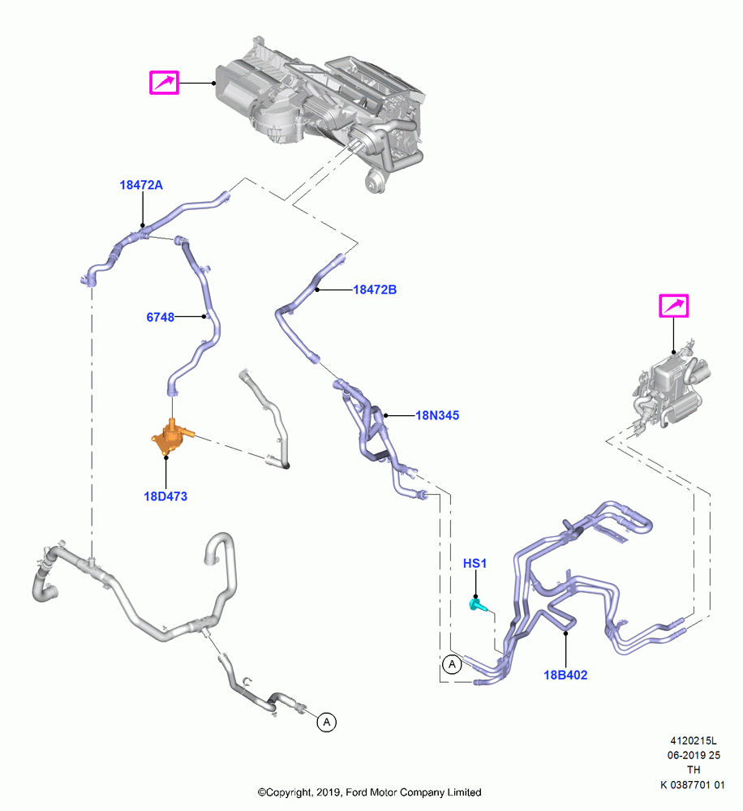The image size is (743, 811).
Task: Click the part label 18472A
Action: pyautogui.click(x=141, y=185)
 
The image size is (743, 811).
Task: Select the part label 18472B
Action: pyautogui.click(x=375, y=290)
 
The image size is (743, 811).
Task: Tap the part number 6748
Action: pyautogui.click(x=161, y=317)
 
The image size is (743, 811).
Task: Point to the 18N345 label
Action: pyautogui.click(x=437, y=415)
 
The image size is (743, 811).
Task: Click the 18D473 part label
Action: pyautogui.click(x=165, y=496)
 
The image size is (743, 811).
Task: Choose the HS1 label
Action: pyautogui.click(x=475, y=564)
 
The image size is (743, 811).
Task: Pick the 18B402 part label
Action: pyautogui.click(x=565, y=675)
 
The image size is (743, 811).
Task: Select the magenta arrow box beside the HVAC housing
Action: pyautogui.click(x=164, y=83)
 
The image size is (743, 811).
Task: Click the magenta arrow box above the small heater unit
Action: pyautogui.click(x=674, y=306)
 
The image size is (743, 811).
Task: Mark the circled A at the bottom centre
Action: pyautogui.click(x=327, y=722)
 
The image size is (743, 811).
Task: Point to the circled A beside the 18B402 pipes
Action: pyautogui.click(x=453, y=664)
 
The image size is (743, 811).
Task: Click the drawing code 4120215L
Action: pyautogui.click(x=694, y=741)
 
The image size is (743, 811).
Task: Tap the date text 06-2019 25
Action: pyautogui.click(x=694, y=756)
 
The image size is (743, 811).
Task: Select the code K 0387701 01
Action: pyautogui.click(x=692, y=785)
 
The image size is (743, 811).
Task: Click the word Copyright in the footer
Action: pyautogui.click(x=289, y=792)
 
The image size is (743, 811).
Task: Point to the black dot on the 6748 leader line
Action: pyautogui.click(x=204, y=316)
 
